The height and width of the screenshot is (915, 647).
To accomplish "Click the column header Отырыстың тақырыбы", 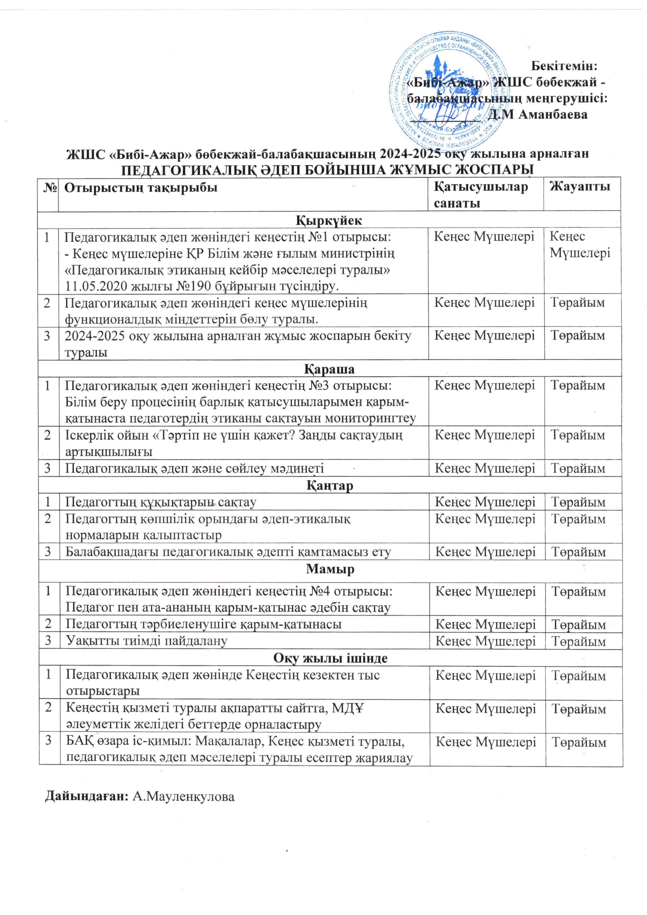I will [x=141, y=187].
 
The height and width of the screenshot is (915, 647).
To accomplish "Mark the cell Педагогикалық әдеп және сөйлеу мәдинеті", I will [x=194, y=469].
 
